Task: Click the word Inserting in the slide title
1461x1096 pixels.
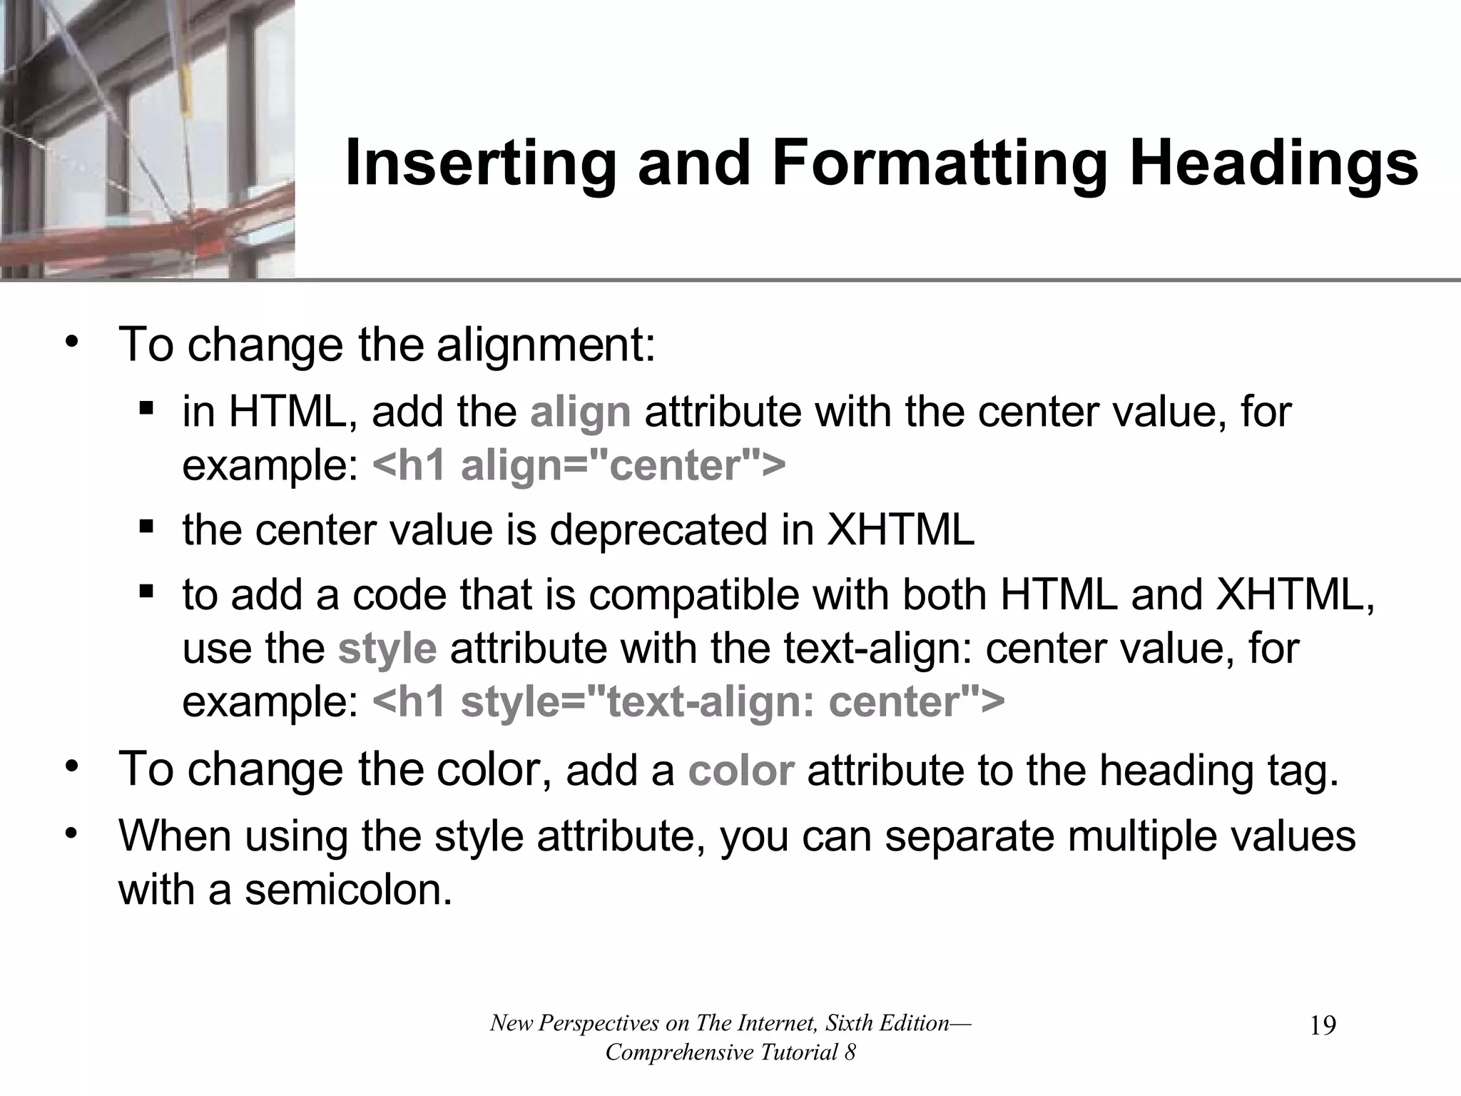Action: [479, 164]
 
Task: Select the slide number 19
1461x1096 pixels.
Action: [1323, 1026]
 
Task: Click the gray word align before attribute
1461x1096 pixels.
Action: [580, 412]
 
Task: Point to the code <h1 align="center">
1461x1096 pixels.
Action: [579, 466]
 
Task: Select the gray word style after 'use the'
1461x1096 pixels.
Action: [387, 649]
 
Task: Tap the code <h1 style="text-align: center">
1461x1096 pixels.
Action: [688, 702]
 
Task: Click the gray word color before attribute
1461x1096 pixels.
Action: [740, 771]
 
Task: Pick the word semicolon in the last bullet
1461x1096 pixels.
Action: [348, 890]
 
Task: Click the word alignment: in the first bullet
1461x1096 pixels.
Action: [546, 345]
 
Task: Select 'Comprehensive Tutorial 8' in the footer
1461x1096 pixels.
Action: [730, 1052]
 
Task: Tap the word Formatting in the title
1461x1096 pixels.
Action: [940, 164]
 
